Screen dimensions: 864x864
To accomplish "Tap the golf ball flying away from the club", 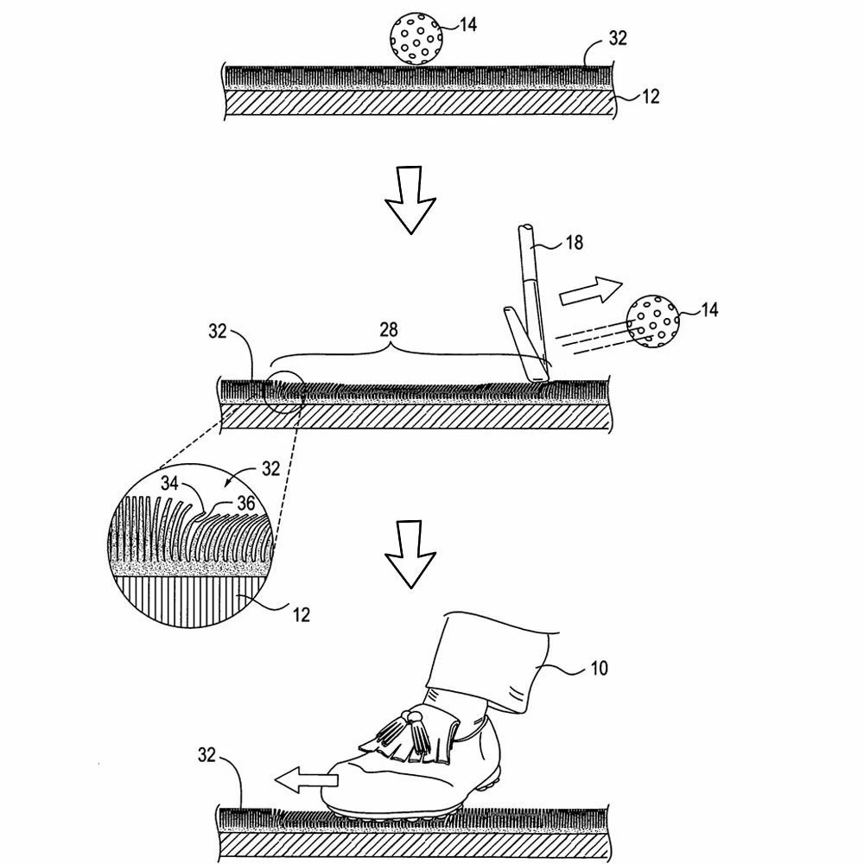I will [653, 321].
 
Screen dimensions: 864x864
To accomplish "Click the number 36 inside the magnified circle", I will [245, 502].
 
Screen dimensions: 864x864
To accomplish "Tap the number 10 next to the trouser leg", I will [599, 668].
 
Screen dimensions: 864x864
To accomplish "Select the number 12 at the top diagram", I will [650, 97].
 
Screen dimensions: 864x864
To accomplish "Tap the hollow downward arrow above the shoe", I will [410, 552].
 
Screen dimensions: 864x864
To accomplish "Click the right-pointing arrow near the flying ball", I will [591, 291].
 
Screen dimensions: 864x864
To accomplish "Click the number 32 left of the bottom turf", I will [206, 755].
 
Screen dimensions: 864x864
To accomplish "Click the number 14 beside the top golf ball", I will [467, 24].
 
